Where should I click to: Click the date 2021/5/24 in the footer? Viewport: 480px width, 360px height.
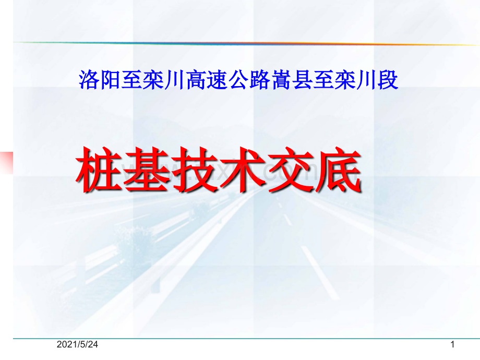click(x=77, y=345)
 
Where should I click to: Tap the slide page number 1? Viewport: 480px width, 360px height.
click(x=452, y=345)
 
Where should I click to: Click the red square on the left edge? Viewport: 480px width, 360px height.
click(x=6, y=162)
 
